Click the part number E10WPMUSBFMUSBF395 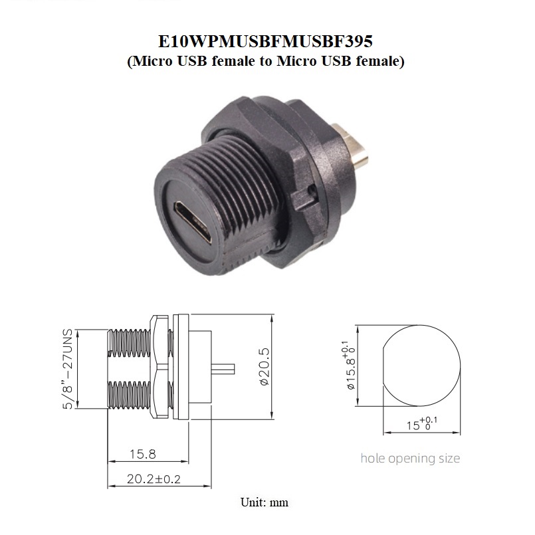[267, 41]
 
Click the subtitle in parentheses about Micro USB [267, 62]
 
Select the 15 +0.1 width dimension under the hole [419, 423]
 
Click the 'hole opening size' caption [410, 459]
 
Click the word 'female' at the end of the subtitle [378, 62]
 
